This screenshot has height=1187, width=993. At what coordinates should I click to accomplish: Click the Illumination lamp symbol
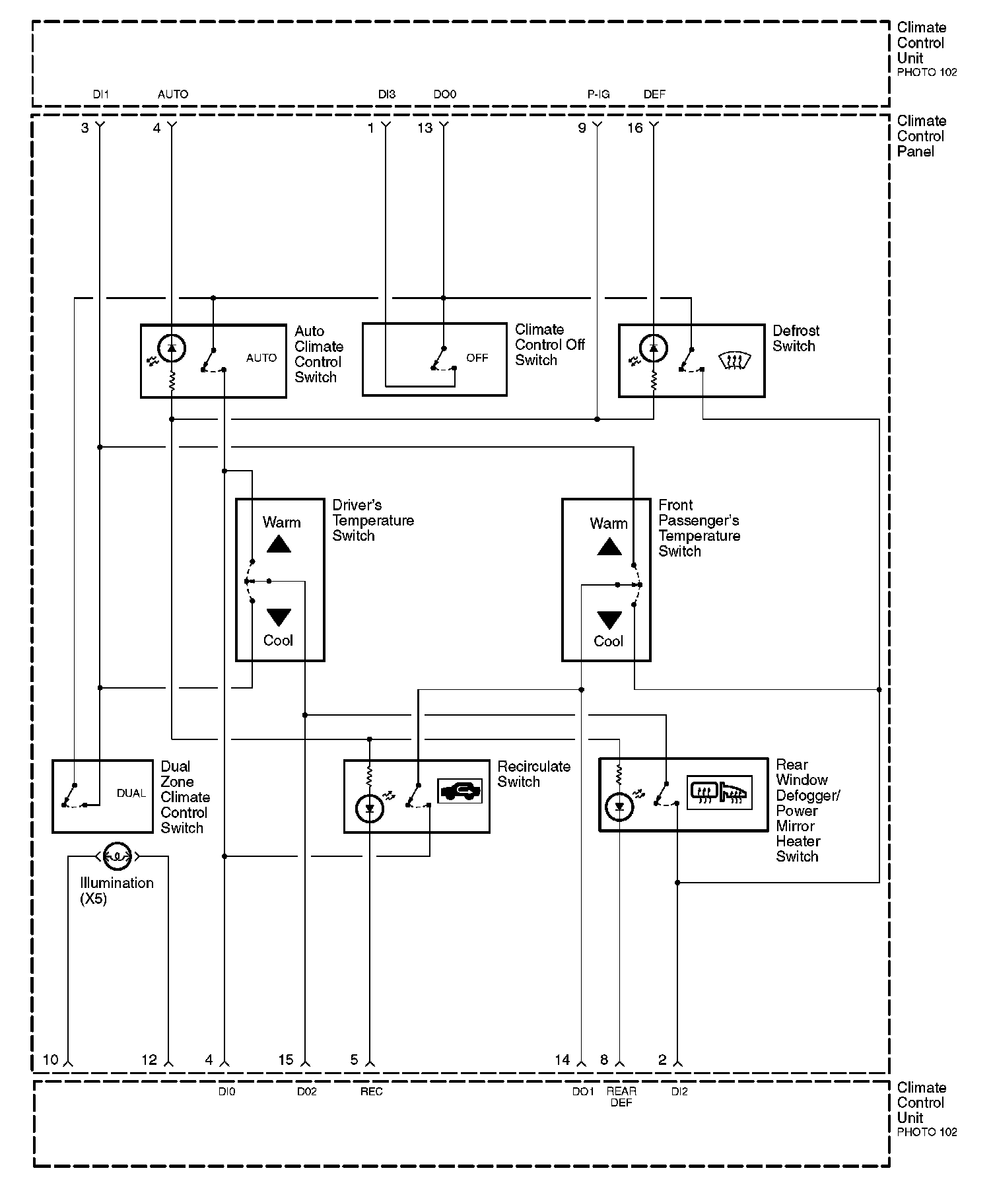click(x=118, y=856)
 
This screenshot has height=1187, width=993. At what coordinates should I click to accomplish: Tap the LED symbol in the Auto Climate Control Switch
click(x=172, y=348)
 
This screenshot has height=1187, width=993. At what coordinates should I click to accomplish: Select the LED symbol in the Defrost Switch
click(x=654, y=348)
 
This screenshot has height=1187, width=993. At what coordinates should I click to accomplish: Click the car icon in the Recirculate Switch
click(x=460, y=791)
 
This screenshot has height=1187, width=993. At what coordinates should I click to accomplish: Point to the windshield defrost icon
click(x=734, y=360)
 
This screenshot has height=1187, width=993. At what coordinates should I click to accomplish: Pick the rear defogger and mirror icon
click(x=720, y=792)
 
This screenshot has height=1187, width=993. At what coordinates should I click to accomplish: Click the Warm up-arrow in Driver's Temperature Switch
click(x=279, y=544)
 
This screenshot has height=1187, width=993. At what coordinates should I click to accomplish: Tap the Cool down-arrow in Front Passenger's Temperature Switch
click(x=609, y=620)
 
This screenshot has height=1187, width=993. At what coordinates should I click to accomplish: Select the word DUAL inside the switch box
click(x=131, y=793)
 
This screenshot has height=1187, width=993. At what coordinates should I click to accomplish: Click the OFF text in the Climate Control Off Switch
click(x=477, y=358)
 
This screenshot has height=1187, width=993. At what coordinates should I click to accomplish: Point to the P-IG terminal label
click(x=598, y=94)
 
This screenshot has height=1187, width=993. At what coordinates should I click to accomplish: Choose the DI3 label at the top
click(x=387, y=94)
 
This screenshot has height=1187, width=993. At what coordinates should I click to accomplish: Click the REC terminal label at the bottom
click(x=371, y=1091)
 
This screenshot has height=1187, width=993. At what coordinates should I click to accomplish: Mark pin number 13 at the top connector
click(x=425, y=128)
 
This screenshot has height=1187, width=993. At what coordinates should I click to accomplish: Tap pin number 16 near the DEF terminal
click(x=634, y=128)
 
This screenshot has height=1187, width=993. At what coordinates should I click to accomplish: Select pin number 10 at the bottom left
click(x=51, y=1060)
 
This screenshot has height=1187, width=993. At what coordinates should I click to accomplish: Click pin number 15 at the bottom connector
click(x=285, y=1060)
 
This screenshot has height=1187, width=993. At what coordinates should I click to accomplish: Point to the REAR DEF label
click(x=621, y=1097)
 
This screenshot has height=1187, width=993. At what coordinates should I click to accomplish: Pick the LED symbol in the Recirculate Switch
click(x=370, y=808)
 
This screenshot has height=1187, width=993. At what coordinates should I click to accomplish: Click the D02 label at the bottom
click(x=306, y=1091)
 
